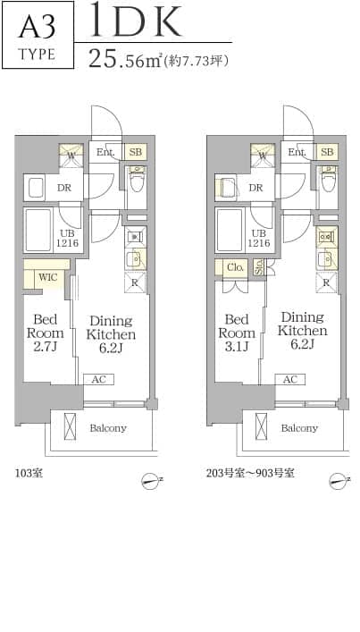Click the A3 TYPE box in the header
pos(38,35)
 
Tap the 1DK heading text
pos(135,20)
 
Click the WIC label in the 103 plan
pos(48,277)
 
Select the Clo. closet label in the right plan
pos(236,267)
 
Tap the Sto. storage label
pos(258,267)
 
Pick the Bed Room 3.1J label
pos(237,333)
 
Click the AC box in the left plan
pos(99,379)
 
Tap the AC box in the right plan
pos(290,379)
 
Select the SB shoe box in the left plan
pos(136,152)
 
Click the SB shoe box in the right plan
pos(327,152)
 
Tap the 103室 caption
pos(29,473)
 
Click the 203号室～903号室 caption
pos(250,473)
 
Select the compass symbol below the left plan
pos(151,481)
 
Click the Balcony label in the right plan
pos(299,428)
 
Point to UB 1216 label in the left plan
pos(67,239)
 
